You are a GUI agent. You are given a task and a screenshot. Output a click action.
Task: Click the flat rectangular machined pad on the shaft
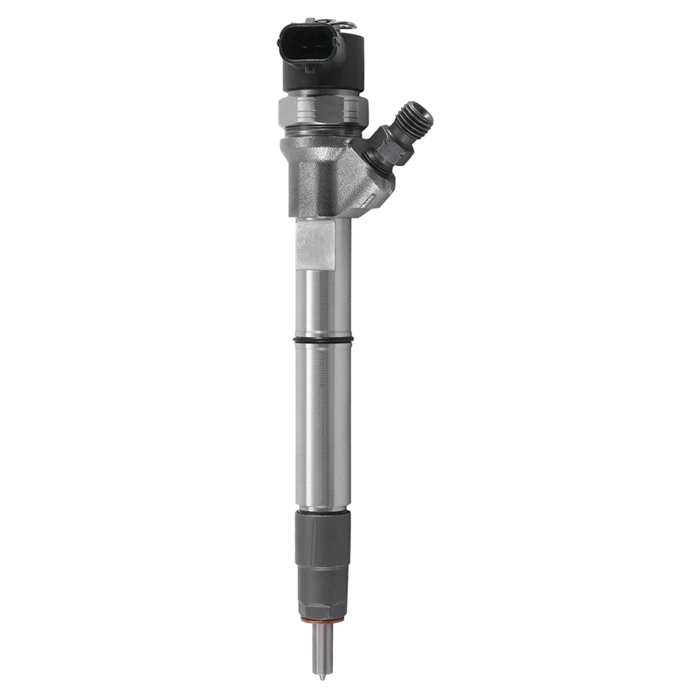(x=315, y=245)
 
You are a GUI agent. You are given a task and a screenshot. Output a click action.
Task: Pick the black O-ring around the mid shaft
(x=322, y=340)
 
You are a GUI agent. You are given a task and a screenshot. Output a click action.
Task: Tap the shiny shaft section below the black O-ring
(x=322, y=419)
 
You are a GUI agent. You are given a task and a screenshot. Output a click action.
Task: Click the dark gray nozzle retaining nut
(x=322, y=542)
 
